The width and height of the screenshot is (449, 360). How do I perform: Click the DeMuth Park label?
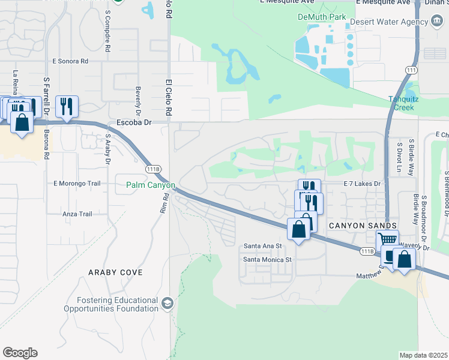[322, 17]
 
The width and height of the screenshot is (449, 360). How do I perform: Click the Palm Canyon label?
[150, 185]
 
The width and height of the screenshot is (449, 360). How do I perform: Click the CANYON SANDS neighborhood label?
[363, 225]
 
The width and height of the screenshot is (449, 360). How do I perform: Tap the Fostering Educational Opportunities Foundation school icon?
[166, 302]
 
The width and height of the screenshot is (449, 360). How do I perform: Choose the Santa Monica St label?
[267, 260]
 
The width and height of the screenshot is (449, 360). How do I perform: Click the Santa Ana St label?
[262, 246]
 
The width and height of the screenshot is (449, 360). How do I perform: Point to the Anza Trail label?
[77, 214]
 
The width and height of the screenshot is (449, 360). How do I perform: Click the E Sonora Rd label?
[70, 61]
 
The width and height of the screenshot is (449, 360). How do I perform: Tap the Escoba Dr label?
[133, 122]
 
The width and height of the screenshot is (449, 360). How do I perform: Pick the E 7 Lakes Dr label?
[363, 184]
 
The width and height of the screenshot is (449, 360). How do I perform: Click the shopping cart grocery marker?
[388, 239]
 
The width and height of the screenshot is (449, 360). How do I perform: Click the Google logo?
[20, 353]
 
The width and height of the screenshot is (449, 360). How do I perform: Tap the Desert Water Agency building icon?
[436, 22]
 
